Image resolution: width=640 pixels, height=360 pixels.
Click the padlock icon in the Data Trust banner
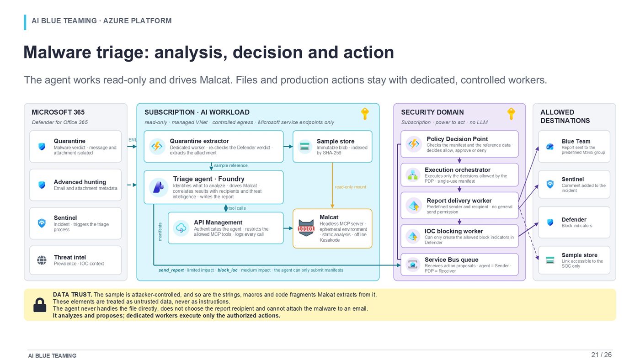point(40,305)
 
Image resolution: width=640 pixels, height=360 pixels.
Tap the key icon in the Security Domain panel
point(511,114)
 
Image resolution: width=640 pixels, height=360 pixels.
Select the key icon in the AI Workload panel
point(365,114)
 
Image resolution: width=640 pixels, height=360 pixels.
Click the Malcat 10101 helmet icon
point(306,228)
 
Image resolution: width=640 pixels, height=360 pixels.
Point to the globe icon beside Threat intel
point(42,260)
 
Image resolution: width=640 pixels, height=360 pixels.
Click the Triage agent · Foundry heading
point(208,179)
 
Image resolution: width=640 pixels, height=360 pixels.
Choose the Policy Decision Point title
point(457,139)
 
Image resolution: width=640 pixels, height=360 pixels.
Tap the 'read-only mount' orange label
point(350,187)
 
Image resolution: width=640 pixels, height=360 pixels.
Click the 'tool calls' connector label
point(237,208)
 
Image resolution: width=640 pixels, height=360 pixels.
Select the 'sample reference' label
point(230,165)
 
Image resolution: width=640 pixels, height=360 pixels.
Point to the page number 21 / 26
point(601,355)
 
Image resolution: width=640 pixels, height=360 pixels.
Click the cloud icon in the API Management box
point(181,228)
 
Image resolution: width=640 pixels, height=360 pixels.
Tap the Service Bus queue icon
point(412,265)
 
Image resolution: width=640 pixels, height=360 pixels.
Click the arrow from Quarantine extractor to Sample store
point(288,147)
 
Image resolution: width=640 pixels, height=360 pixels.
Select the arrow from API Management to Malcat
point(288,228)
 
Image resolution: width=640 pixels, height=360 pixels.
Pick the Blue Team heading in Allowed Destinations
point(576,141)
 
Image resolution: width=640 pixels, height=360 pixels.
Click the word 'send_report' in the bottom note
point(171,270)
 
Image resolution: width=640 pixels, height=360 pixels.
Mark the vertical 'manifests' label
point(160,232)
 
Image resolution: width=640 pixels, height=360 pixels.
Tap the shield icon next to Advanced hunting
point(42,185)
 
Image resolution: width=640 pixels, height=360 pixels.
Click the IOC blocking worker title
point(453,231)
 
